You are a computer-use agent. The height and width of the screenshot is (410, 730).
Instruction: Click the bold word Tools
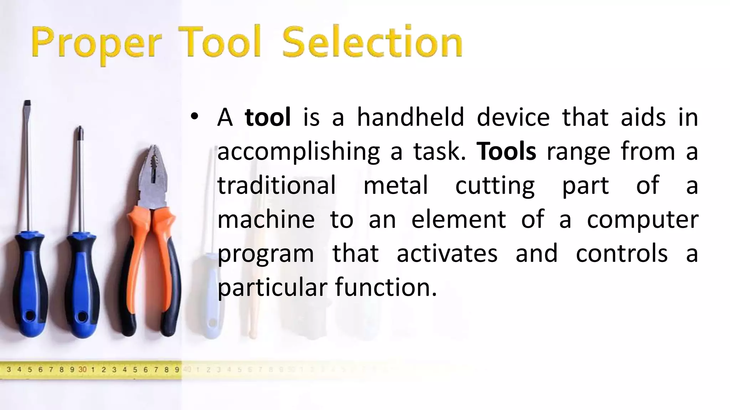(506, 151)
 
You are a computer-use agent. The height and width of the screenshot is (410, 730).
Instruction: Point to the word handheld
(410, 117)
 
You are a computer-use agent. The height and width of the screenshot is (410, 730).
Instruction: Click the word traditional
(277, 185)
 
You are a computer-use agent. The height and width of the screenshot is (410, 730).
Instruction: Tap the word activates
(447, 253)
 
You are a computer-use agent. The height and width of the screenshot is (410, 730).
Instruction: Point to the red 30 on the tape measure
(82, 369)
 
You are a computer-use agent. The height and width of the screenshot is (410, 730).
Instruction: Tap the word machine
(266, 219)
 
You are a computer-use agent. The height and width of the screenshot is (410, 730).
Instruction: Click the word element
(458, 219)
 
